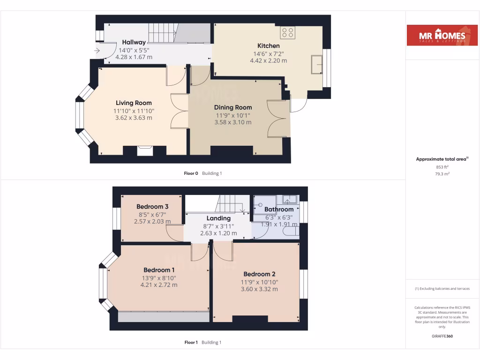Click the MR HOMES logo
(x=438, y=35)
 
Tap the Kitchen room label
(x=269, y=46)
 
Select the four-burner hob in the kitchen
(x=288, y=32)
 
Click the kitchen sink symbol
(x=317, y=64)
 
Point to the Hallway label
(x=134, y=43)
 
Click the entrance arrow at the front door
(x=97, y=51)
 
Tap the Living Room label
(x=134, y=103)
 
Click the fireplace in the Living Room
(x=144, y=150)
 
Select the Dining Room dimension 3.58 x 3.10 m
(x=233, y=122)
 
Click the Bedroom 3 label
(x=152, y=207)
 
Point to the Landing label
(x=218, y=218)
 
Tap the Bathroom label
(x=279, y=210)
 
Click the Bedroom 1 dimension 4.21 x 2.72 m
(x=159, y=285)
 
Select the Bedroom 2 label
(x=259, y=274)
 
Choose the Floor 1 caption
(x=191, y=343)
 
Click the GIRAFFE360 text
(x=442, y=336)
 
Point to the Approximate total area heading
(x=442, y=159)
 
